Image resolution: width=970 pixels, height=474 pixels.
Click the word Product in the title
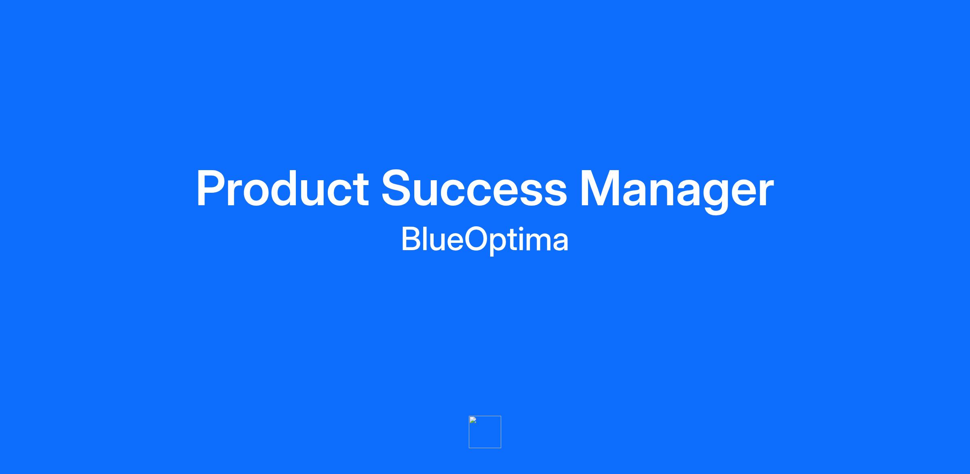283,188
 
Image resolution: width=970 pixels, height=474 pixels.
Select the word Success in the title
474,188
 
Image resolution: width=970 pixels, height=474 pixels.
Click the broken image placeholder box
485,432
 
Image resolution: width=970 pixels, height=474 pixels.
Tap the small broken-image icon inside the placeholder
473,420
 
